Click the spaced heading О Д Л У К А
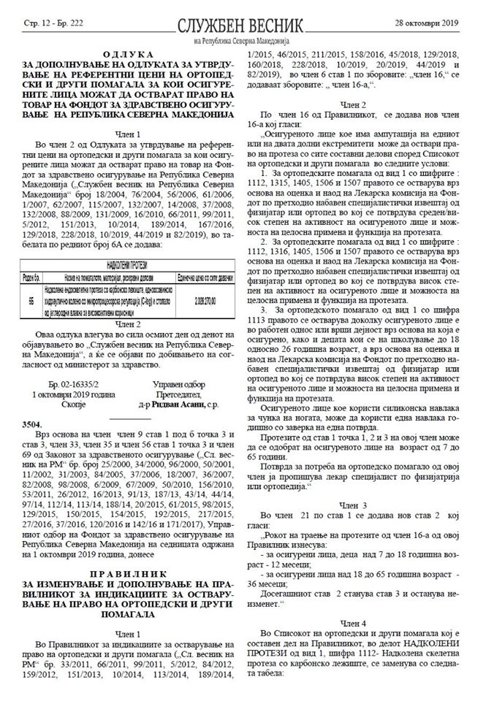point(123,55)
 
